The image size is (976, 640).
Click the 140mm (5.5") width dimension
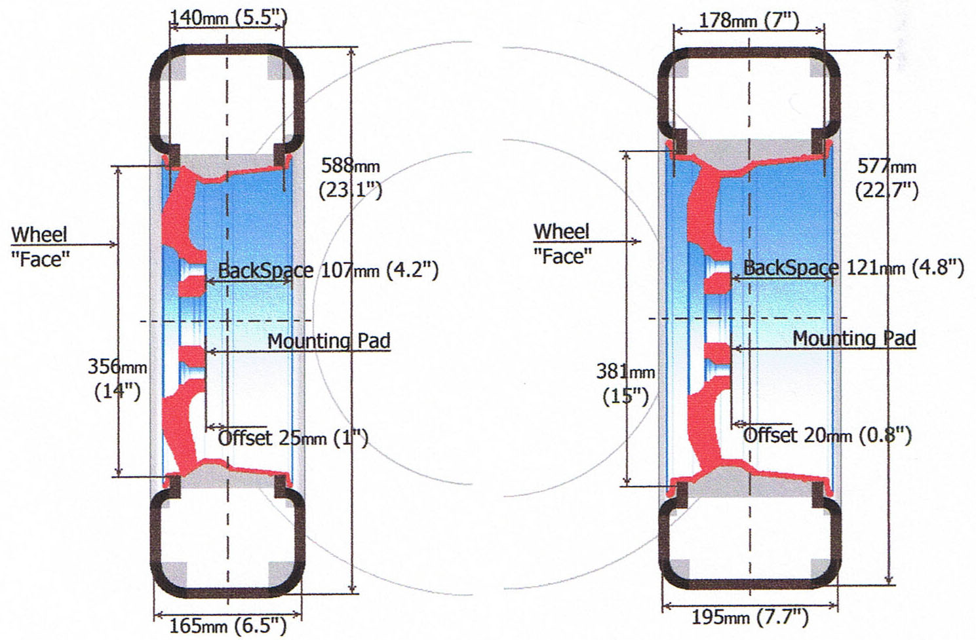click(x=228, y=18)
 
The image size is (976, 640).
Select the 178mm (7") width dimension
click(x=749, y=20)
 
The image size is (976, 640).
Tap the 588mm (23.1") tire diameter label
click(x=350, y=178)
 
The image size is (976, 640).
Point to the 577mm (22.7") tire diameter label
click(x=887, y=178)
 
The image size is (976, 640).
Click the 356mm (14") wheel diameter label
click(x=117, y=379)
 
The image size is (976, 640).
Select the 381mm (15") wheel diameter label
click(x=626, y=384)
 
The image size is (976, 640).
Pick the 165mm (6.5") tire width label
click(x=228, y=626)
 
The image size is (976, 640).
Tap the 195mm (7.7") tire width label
click(x=750, y=617)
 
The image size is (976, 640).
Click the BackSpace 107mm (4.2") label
click(x=328, y=271)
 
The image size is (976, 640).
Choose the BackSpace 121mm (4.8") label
click(x=853, y=268)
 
